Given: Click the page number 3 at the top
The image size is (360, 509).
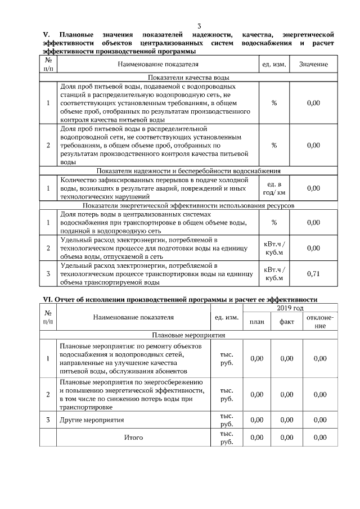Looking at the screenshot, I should [199, 26].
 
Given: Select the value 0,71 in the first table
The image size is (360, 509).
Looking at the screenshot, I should [313, 274].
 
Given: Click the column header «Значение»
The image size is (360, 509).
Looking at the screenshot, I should [313, 65].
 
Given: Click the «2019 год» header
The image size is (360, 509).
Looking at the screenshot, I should [290, 308].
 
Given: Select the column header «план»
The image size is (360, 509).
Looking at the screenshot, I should [256, 322].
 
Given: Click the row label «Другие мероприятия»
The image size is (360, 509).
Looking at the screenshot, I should [92, 420].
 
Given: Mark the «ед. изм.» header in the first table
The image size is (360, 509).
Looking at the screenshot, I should [274, 65].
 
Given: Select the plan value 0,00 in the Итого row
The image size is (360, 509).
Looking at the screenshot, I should [256, 437].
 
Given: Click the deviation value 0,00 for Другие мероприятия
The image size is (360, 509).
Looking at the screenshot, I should [320, 420].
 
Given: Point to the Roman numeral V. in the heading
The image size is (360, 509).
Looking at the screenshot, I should [47, 35].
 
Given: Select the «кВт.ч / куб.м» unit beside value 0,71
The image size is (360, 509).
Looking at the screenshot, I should [274, 274].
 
